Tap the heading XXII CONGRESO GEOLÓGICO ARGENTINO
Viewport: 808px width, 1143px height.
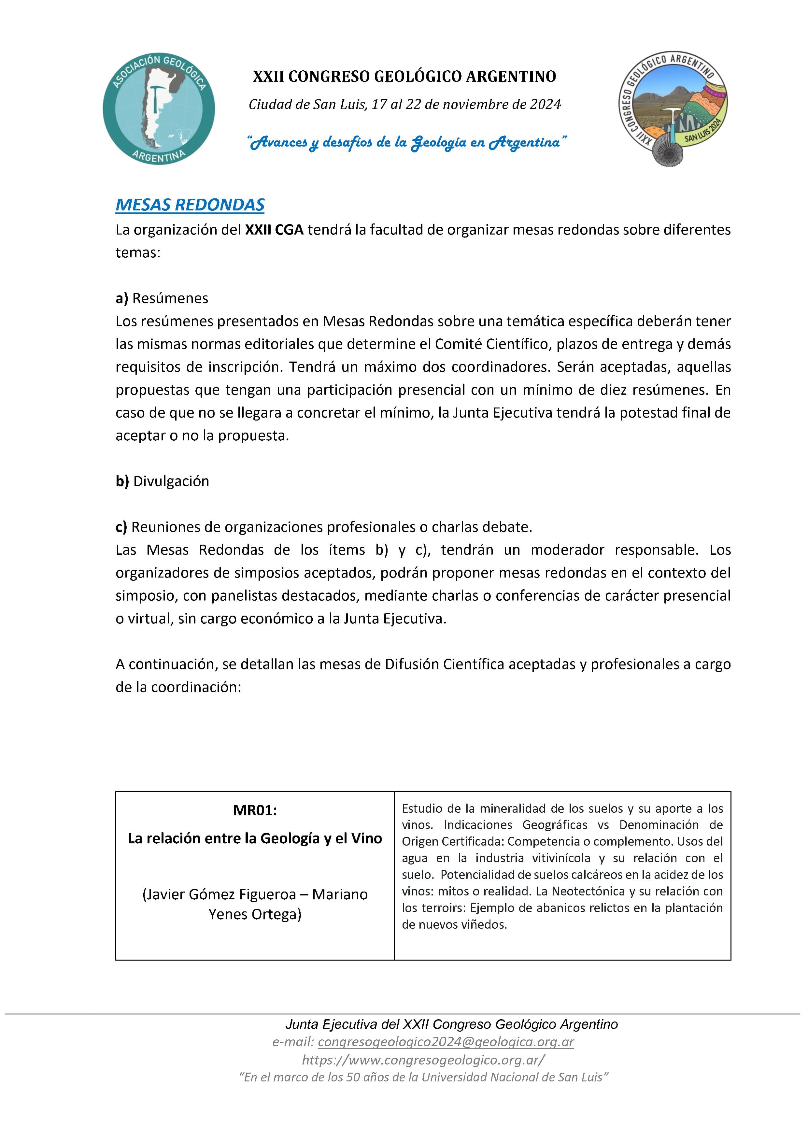pyautogui.click(x=404, y=76)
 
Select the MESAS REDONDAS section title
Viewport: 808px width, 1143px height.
pyautogui.click(x=190, y=205)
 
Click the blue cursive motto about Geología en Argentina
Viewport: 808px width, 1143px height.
pyautogui.click(x=407, y=142)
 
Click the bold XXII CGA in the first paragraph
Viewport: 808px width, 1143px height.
pyautogui.click(x=274, y=230)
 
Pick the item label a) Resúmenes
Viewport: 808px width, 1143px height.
pyautogui.click(x=162, y=298)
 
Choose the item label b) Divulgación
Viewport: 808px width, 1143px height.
pyautogui.click(x=162, y=481)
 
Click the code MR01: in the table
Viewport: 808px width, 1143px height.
pyautogui.click(x=255, y=810)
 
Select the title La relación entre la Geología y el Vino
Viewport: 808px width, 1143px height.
pyautogui.click(x=255, y=838)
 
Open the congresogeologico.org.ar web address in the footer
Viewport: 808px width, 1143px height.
pyautogui.click(x=423, y=1059)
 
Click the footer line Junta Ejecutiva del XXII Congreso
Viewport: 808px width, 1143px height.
pyautogui.click(x=451, y=1024)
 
